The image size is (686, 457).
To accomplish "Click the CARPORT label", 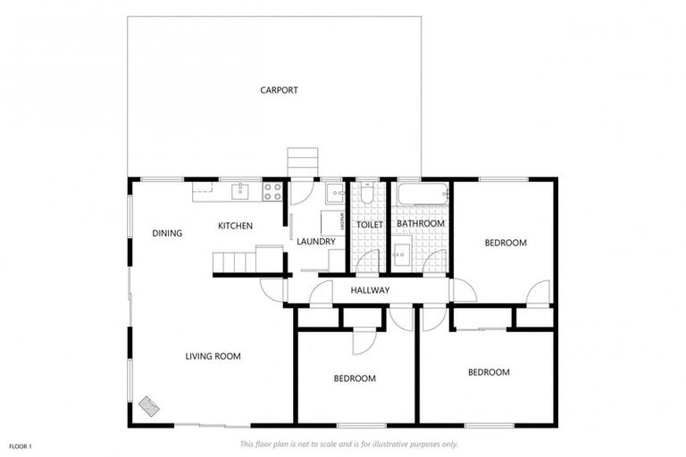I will (x=279, y=90).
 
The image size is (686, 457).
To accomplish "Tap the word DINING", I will (x=167, y=233).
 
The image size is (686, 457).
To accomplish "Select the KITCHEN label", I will (x=235, y=226).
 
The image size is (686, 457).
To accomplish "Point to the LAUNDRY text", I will (x=316, y=241).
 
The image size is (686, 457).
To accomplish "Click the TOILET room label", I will (x=369, y=224).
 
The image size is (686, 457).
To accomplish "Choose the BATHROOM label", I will (x=421, y=223).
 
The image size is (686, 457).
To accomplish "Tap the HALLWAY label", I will (x=370, y=290).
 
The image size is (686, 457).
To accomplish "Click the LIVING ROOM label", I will (x=213, y=357).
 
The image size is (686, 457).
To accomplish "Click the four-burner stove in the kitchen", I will (x=272, y=191).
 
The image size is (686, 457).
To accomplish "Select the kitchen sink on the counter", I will (x=240, y=190).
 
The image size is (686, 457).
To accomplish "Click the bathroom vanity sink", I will (x=401, y=253).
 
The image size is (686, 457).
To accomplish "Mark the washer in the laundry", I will (x=333, y=222).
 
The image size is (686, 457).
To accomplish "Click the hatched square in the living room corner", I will (x=149, y=406).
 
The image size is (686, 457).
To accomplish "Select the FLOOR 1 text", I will (x=21, y=445).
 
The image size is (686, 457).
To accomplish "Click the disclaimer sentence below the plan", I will (x=348, y=444).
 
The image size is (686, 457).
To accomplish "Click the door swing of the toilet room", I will (x=367, y=262).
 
